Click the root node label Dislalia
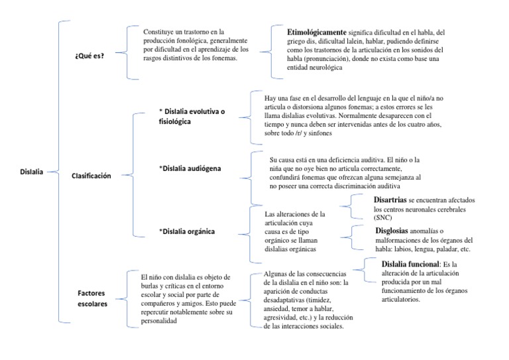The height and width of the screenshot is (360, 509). pyautogui.click(x=31, y=172)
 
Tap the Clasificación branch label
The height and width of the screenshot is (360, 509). pyautogui.click(x=91, y=176)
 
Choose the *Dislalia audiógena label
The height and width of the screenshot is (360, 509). pyautogui.click(x=191, y=168)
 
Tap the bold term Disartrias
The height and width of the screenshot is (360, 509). pyautogui.click(x=389, y=200)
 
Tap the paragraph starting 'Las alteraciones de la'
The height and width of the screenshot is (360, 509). pyautogui.click(x=294, y=231)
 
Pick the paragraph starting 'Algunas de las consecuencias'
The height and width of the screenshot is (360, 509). pyautogui.click(x=301, y=300)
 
